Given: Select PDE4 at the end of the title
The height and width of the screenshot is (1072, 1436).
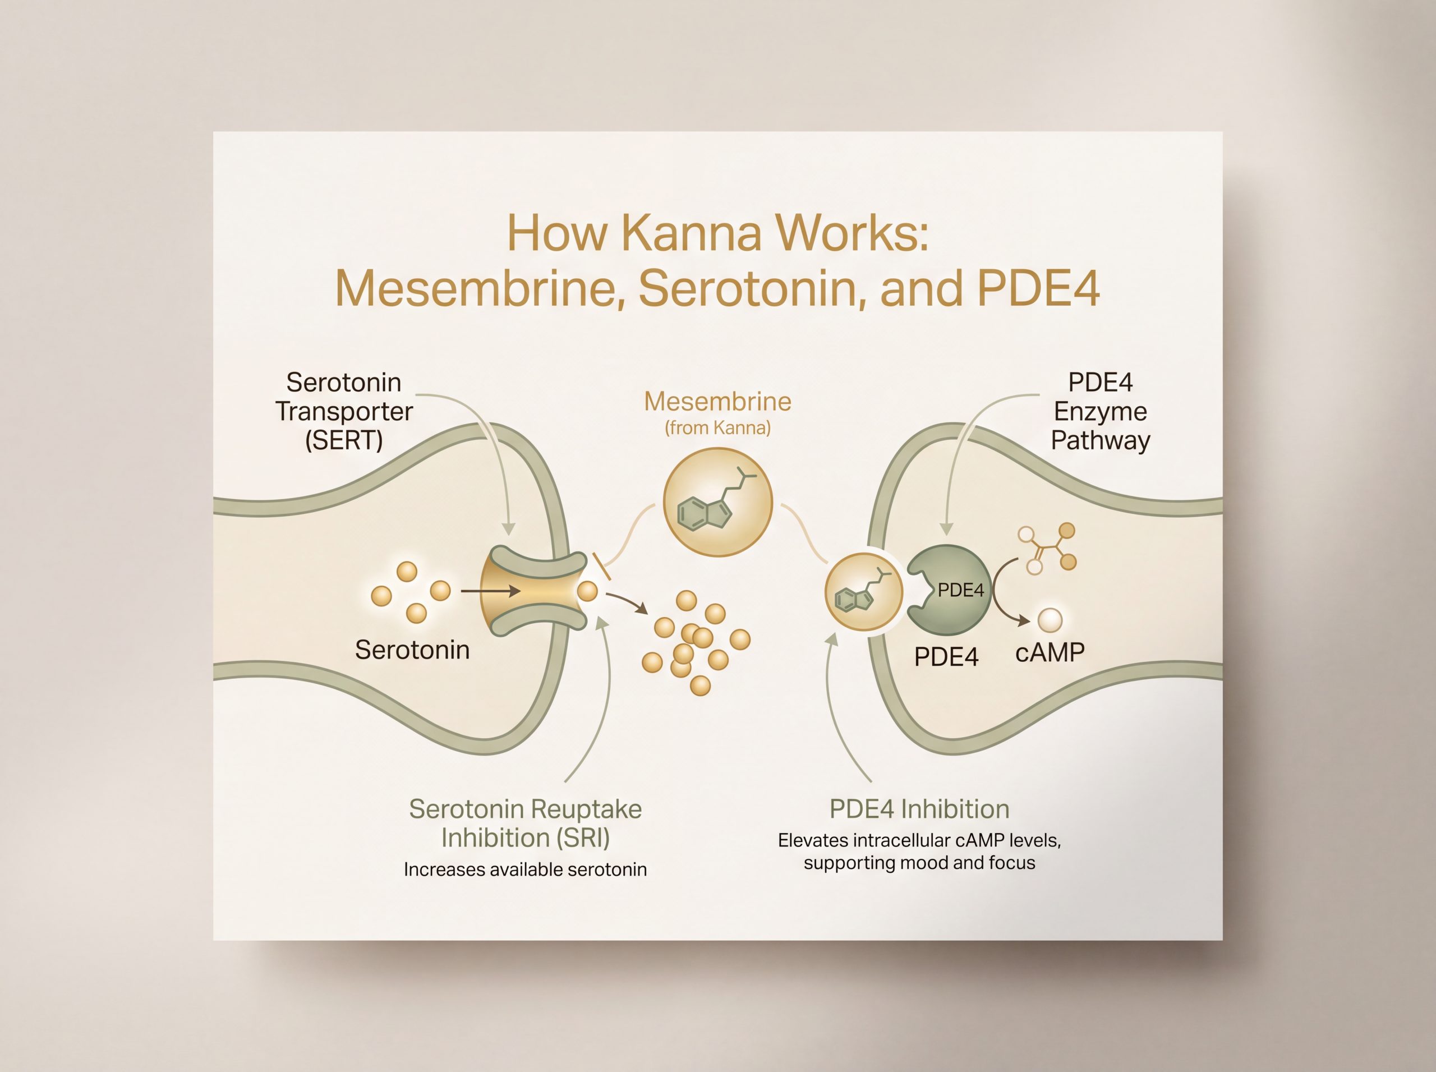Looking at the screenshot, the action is tap(1038, 289).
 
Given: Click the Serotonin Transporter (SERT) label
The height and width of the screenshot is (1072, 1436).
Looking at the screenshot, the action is tap(344, 411).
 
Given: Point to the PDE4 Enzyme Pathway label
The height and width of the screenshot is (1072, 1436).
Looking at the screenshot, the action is tap(1101, 411).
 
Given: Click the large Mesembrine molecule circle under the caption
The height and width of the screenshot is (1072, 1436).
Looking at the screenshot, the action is tap(717, 502).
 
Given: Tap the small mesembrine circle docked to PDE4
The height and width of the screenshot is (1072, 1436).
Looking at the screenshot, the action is tap(864, 592).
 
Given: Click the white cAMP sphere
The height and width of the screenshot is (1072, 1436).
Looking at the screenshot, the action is tap(1050, 620).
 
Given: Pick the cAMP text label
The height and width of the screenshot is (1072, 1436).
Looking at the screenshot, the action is tap(1050, 653).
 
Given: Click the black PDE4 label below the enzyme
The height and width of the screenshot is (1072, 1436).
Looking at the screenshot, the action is tap(946, 657).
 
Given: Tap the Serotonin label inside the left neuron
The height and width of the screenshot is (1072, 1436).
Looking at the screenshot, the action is tap(412, 650).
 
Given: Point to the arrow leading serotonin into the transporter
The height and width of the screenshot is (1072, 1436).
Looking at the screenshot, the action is tap(491, 591).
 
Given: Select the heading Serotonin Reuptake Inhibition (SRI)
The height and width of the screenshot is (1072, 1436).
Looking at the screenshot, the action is tap(526, 823).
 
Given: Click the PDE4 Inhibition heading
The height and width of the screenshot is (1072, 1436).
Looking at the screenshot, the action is tap(919, 809).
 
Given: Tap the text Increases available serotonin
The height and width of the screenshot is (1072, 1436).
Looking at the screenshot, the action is tap(526, 869).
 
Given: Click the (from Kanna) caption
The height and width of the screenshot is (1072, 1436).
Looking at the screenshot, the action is tap(717, 428).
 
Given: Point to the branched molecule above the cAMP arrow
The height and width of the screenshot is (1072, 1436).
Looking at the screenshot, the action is tap(1047, 548).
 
